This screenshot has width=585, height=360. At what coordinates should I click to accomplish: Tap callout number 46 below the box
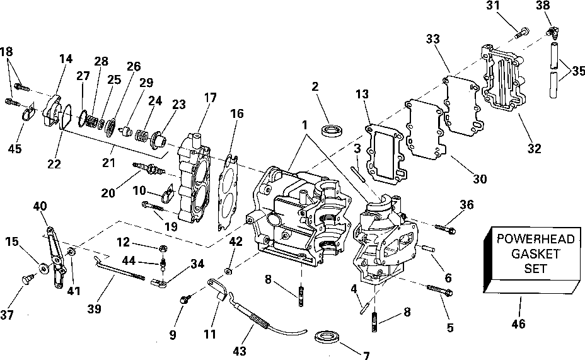[519, 324]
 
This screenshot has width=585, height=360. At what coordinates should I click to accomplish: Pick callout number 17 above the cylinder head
[210, 98]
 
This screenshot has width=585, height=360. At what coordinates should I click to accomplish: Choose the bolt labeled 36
[446, 226]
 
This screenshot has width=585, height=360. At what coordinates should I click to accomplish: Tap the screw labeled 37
[28, 277]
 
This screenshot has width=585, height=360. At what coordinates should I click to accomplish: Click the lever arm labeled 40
[57, 252]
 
